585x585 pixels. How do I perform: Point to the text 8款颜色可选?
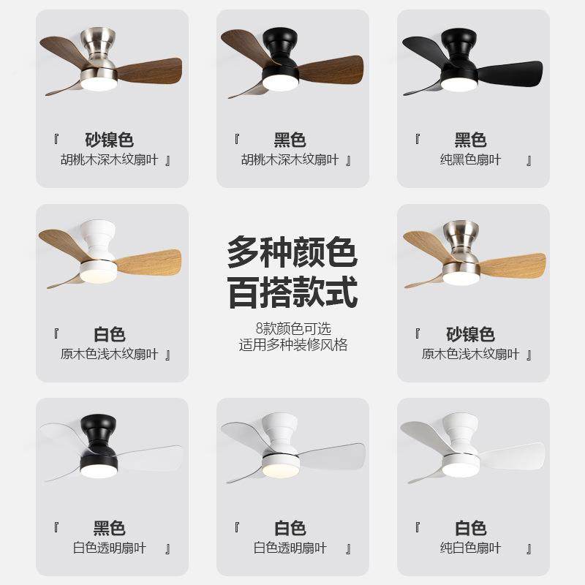(x=292, y=329)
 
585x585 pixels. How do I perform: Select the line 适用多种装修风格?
(x=292, y=344)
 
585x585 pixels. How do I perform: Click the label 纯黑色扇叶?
(x=470, y=160)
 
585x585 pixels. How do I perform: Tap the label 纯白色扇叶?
(x=470, y=548)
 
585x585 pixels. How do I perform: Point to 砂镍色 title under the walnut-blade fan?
(x=110, y=140)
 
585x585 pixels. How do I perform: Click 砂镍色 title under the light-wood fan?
(x=470, y=335)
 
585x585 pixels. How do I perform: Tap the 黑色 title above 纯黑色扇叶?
(x=470, y=140)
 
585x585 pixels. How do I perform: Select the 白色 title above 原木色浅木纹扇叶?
(x=110, y=335)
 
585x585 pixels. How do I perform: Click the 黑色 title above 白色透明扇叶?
(x=110, y=528)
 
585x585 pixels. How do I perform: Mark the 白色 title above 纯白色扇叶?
(x=470, y=528)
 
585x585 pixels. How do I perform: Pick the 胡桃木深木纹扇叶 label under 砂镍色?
(x=110, y=160)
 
